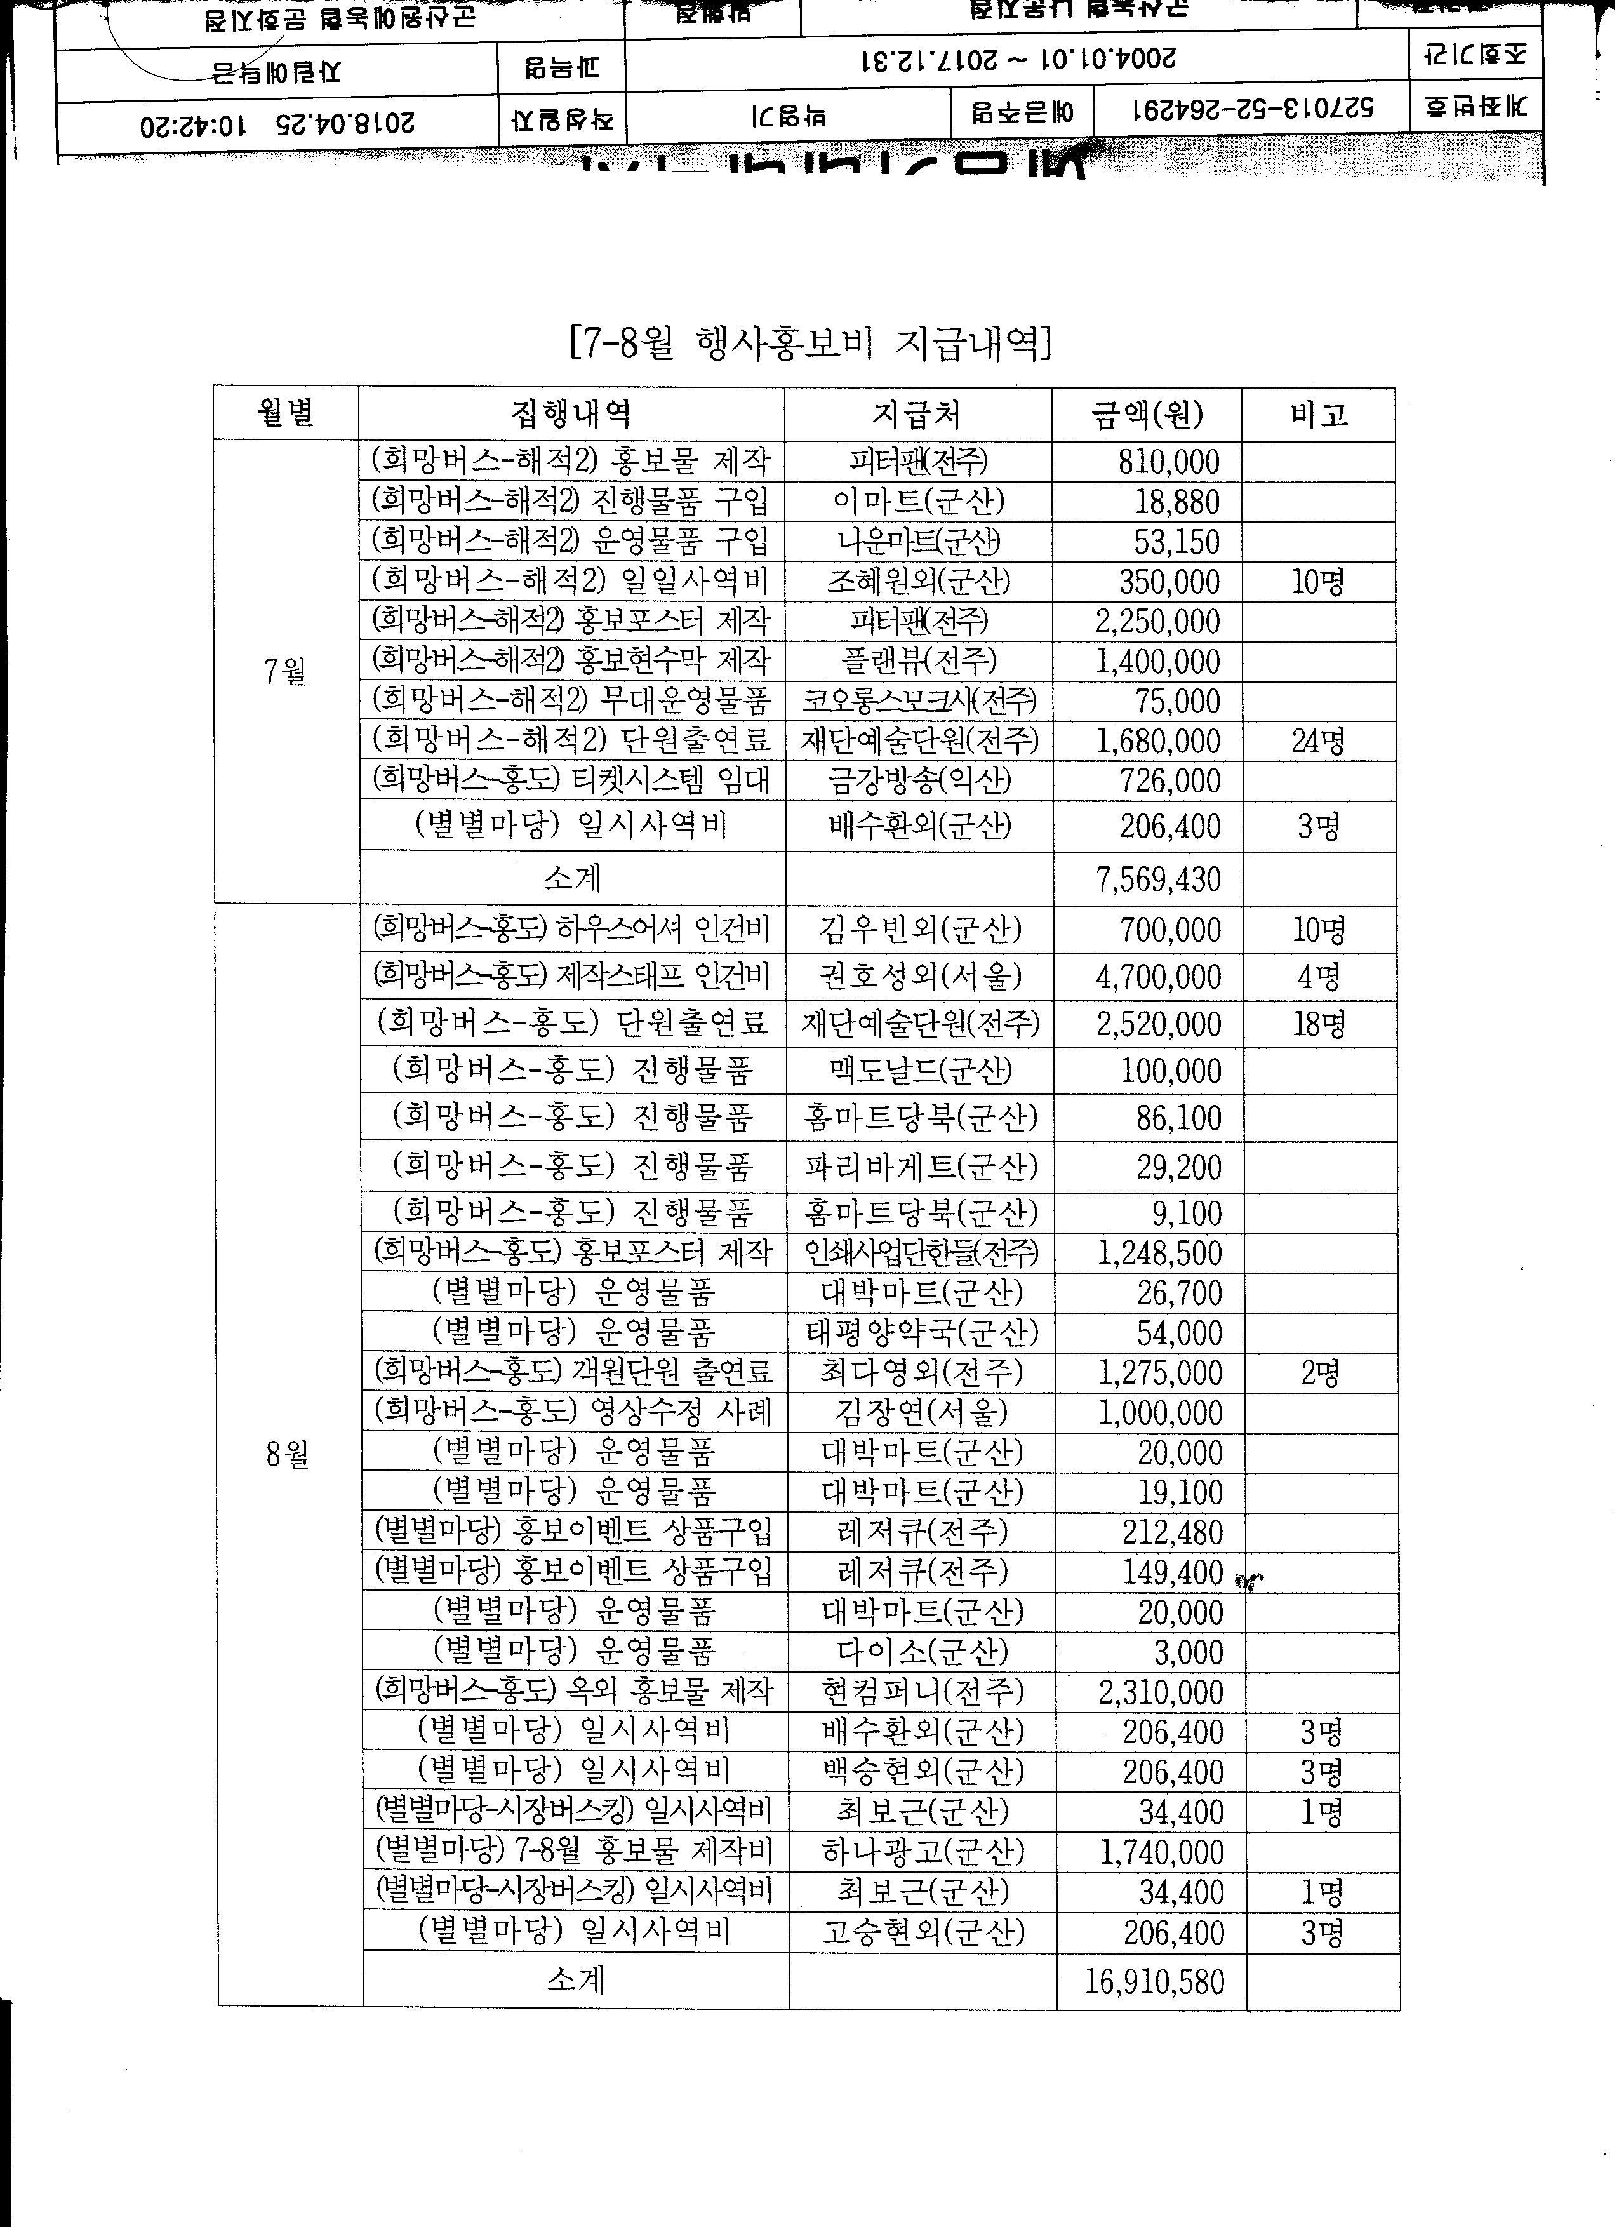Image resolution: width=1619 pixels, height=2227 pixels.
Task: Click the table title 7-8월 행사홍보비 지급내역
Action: click(x=810, y=343)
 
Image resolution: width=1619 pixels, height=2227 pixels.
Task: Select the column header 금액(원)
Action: click(x=1147, y=415)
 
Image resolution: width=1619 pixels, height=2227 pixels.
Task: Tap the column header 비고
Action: click(x=1319, y=415)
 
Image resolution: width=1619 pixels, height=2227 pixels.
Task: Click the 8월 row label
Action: click(x=287, y=1454)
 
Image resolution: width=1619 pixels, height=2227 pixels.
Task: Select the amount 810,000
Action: click(x=1168, y=462)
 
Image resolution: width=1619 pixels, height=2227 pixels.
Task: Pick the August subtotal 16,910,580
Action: click(x=1155, y=1981)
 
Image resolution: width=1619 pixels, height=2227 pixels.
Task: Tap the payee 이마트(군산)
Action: click(x=918, y=502)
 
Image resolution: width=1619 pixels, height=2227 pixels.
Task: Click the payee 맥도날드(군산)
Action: click(x=920, y=1070)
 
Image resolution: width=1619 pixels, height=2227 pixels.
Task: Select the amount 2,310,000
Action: click(x=1161, y=1692)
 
